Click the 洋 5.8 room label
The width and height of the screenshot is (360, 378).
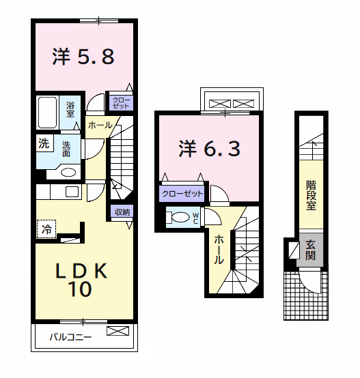[83, 57]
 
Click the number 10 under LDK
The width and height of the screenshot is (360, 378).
[80, 291]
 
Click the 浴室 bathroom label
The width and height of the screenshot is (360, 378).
[70, 110]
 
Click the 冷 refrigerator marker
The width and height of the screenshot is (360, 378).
[46, 229]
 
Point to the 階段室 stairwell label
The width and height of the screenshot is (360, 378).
[311, 194]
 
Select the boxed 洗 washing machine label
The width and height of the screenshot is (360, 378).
[44, 144]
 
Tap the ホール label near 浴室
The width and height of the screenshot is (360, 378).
[100, 126]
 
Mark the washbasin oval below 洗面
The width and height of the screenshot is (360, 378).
[68, 172]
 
